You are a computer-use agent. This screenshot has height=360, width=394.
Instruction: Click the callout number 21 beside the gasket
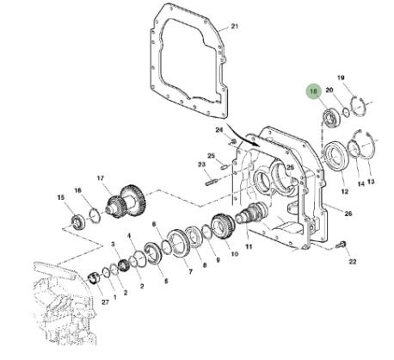click(235, 27)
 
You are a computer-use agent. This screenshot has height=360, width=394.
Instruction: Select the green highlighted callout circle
click(314, 91)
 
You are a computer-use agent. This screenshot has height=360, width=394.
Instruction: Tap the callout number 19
click(341, 78)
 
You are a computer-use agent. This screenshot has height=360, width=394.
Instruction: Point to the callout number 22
click(352, 262)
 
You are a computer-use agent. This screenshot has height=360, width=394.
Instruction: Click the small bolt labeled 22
click(341, 245)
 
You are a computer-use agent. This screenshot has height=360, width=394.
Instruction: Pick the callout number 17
click(100, 178)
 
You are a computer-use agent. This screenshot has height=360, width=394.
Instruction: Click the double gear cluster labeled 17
click(126, 202)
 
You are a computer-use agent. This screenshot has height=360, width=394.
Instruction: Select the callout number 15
click(61, 197)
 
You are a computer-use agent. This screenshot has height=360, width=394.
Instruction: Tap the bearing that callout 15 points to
click(77, 222)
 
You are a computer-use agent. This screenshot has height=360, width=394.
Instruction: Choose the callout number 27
click(105, 302)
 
